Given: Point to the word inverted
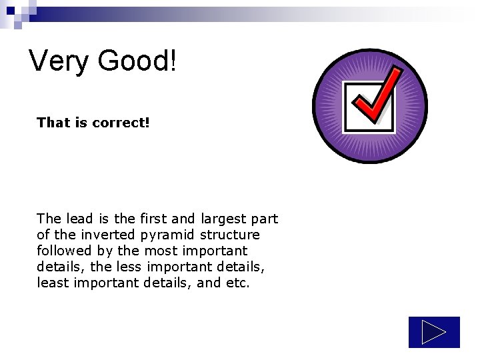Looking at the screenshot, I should point(107,235).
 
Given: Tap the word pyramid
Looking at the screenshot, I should point(164,235).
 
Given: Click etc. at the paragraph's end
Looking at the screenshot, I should point(237,283).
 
